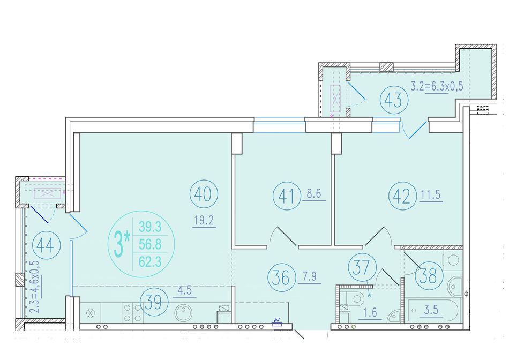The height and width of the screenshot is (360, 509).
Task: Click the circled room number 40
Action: point(204,194)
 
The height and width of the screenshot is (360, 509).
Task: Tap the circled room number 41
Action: point(287,196)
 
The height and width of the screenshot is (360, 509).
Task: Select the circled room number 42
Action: point(402,196)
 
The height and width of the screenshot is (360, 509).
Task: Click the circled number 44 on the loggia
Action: point(47,245)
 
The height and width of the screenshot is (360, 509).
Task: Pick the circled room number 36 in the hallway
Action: point(281,277)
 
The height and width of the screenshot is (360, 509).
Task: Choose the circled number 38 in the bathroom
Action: point(429,276)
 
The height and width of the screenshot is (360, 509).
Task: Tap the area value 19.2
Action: point(204,221)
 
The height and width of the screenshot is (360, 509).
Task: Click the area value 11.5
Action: point(431,194)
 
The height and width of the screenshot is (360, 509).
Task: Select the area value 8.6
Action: point(314,193)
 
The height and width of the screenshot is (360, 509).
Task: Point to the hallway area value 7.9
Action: point(309,276)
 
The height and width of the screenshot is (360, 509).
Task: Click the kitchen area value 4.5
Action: point(185,290)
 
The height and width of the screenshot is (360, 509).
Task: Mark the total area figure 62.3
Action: point(150,261)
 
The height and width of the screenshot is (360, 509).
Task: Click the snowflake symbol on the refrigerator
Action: point(90,313)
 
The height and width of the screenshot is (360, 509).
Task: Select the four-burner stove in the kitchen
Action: point(132,313)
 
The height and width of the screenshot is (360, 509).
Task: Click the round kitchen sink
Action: point(183,313)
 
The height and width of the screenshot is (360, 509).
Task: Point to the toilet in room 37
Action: point(354,298)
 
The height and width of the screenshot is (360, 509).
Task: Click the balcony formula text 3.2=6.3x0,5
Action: point(437,86)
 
